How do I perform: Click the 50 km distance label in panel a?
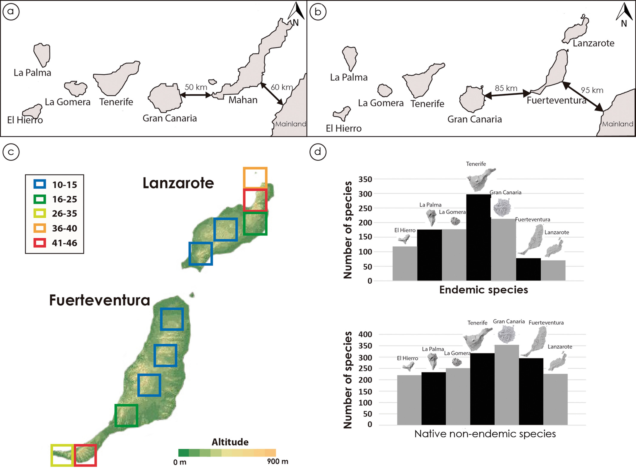[196, 87]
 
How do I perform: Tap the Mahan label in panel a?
[243, 100]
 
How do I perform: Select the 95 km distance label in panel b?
[592, 90]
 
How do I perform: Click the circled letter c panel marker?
[11, 152]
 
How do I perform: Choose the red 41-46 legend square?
[40, 243]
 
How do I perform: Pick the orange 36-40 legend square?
[40, 228]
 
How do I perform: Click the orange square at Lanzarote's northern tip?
[255, 178]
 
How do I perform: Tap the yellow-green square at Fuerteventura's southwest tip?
[62, 455]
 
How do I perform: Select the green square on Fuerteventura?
[126, 415]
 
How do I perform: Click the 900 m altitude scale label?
[277, 461]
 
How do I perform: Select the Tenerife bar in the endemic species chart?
[478, 237]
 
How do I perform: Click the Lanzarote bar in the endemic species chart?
[553, 270]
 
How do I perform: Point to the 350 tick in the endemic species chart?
[365, 179]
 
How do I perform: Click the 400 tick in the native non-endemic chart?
[365, 334]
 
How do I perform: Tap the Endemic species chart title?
[483, 290]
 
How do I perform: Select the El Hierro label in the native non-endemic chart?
[407, 358]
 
